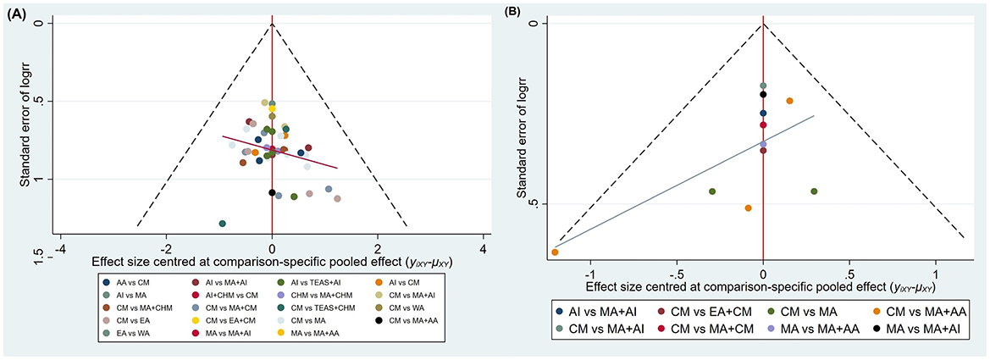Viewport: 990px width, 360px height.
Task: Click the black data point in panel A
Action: point(272,193)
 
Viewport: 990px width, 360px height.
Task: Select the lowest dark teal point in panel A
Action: point(223,224)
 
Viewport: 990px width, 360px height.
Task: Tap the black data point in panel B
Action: point(763,95)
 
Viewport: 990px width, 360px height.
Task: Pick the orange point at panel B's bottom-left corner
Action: point(555,252)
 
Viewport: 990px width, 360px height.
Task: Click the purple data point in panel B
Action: point(763,144)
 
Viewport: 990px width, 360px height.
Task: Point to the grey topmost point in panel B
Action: point(763,86)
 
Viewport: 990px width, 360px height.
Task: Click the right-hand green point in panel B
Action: point(814,191)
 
